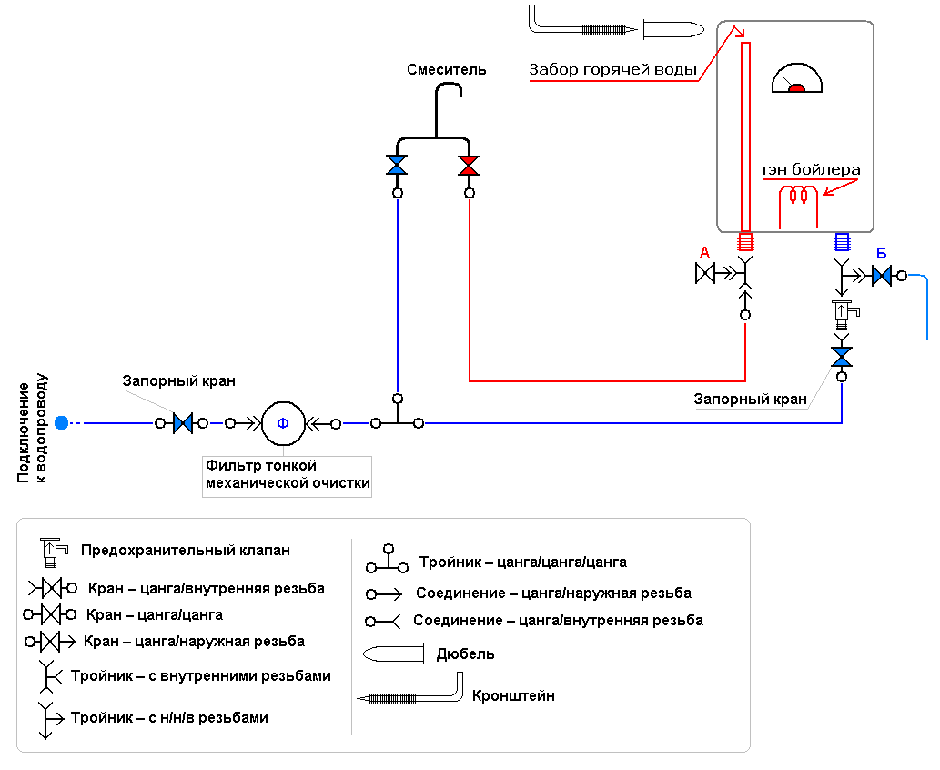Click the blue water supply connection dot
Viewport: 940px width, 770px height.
pos(61,422)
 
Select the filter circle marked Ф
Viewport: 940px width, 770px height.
pos(282,422)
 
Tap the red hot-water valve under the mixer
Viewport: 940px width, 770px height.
pos(469,166)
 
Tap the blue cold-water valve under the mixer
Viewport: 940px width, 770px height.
pos(397,166)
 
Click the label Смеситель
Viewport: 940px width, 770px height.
pos(447,69)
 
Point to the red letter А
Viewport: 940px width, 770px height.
pos(704,252)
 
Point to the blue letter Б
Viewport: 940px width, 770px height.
pos(881,252)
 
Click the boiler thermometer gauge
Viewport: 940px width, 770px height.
pos(797,80)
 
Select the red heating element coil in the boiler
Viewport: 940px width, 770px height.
pos(800,195)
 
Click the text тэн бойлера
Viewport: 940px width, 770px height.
pos(810,170)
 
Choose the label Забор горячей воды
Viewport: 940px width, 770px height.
pos(613,69)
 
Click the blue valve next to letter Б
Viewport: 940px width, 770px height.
pos(881,275)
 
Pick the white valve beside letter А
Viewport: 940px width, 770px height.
pos(705,273)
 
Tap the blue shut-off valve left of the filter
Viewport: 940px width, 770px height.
pos(183,422)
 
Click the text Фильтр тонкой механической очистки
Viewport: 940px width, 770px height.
pos(288,474)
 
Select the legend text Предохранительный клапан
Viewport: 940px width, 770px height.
pos(186,550)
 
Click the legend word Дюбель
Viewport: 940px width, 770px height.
pos(465,653)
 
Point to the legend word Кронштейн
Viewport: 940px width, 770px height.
pos(513,696)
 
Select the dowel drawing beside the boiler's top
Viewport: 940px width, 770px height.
pos(672,29)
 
